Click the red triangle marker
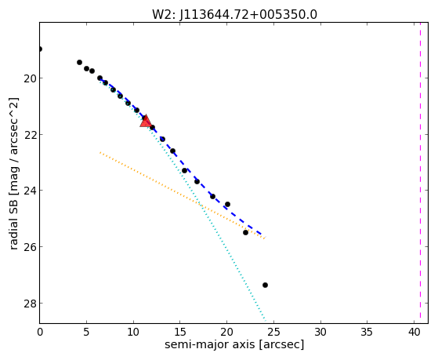146,122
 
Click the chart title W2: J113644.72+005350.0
234,14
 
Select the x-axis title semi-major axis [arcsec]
234,344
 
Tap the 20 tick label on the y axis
29,78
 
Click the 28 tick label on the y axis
29,304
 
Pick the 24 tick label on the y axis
29,191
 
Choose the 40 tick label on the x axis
414,333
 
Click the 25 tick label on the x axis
273,333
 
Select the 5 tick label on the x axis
86,333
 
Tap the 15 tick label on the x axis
180,333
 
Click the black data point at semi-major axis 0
40,49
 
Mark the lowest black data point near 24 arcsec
265,285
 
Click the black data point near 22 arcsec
245,232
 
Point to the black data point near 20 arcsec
227,204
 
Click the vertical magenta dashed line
421,173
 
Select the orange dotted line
182,195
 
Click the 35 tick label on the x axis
367,333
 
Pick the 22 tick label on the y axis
29,135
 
